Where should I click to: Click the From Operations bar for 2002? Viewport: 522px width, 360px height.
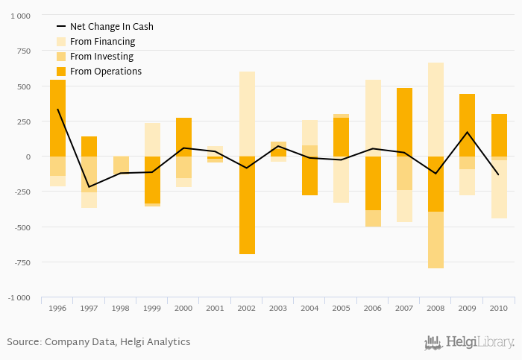[x=247, y=205]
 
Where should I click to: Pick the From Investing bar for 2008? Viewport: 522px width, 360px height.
[x=435, y=240]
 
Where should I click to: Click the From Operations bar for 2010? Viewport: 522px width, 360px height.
[x=499, y=135]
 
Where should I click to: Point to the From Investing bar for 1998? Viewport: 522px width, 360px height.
[x=121, y=165]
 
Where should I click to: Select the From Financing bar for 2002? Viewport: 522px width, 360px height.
[x=247, y=114]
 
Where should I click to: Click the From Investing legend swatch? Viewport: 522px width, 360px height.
[x=61, y=57]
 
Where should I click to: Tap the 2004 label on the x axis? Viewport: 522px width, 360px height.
[x=309, y=308]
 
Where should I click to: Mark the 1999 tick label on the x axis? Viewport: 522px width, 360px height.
[x=152, y=308]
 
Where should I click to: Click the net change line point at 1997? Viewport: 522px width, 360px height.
[x=89, y=187]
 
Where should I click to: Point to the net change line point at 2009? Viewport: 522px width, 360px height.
[x=468, y=132]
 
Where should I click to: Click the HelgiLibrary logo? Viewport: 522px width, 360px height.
[x=469, y=343]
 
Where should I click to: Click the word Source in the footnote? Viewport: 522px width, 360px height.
[x=23, y=342]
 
